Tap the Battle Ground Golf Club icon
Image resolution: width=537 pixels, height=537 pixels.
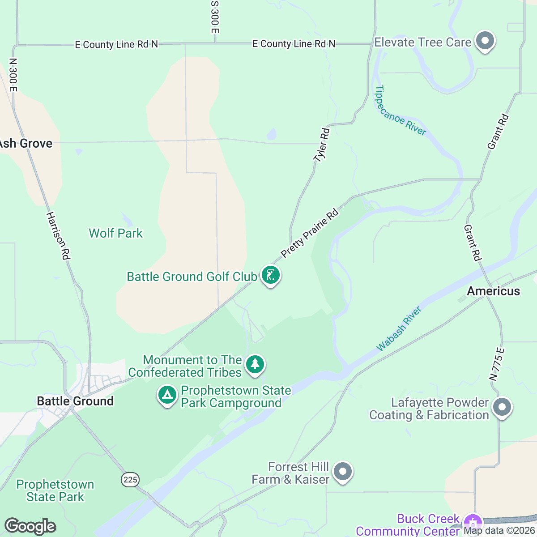pos(270,275)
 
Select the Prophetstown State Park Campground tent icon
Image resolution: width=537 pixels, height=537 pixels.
pos(167,395)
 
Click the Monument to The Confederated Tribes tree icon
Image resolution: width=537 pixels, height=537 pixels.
pos(255,363)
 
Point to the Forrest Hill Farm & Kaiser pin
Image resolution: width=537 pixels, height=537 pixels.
pos(343,472)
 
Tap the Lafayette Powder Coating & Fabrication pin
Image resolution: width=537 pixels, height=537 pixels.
pos(502,407)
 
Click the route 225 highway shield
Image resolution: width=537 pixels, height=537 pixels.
pos(130,480)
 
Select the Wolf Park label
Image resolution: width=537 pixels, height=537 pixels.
pos(115,233)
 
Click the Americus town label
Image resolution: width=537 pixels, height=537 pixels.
pos(493,291)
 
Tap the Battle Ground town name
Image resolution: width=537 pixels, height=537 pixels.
pos(75,401)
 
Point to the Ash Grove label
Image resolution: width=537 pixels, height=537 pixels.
pos(26,144)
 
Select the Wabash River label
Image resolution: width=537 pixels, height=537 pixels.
pos(399,329)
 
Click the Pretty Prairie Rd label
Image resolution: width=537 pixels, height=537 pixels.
pos(309,233)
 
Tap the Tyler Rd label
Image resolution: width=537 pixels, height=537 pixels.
pos(321,145)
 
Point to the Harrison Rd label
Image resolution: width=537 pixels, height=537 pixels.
pos(58,235)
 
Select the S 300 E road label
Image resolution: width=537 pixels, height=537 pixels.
pos(215,17)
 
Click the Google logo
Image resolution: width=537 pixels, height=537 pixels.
pos(30,526)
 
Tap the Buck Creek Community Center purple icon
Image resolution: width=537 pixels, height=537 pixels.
pos(473,523)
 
